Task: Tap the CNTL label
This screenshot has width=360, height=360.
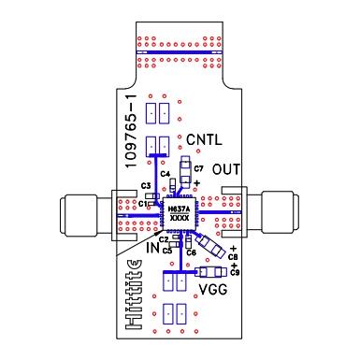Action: (x=204, y=139)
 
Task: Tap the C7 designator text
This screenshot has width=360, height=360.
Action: (x=199, y=167)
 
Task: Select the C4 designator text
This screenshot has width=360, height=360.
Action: (x=165, y=174)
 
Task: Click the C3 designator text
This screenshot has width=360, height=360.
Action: (x=146, y=186)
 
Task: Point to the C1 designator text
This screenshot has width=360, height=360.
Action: (x=143, y=203)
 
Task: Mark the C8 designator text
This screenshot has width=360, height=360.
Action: (x=233, y=256)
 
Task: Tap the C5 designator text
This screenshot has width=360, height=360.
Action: (x=166, y=251)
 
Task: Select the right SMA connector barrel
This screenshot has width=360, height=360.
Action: (x=281, y=209)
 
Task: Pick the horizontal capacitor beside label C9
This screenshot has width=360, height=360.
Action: (x=210, y=272)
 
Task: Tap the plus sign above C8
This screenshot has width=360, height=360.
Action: (x=232, y=248)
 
